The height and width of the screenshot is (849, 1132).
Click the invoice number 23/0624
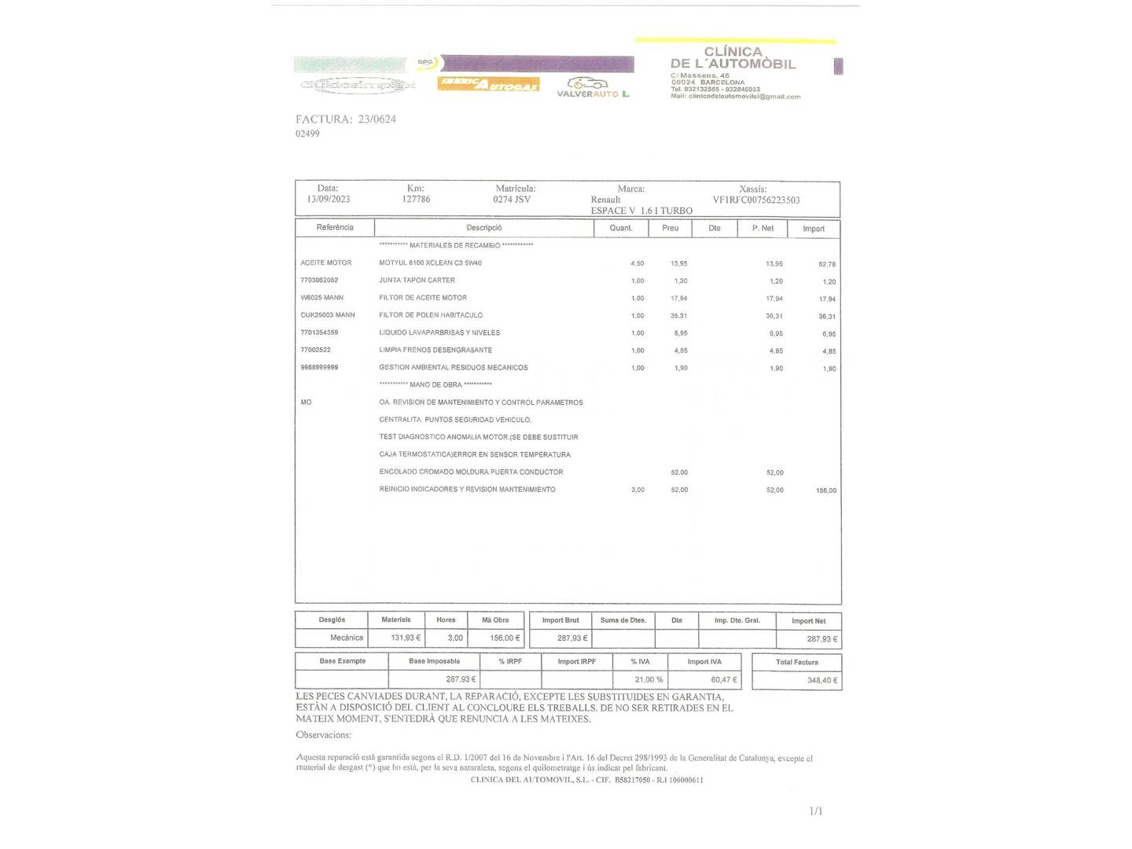377,119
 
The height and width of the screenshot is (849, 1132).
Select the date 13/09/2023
329,200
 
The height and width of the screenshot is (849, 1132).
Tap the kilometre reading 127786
416,200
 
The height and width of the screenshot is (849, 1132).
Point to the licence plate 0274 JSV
512,200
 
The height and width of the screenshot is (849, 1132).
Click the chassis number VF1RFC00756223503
756,200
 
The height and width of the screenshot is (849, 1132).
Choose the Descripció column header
483,228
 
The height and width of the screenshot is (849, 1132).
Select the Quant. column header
621,229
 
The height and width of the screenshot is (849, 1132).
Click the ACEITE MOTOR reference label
326,263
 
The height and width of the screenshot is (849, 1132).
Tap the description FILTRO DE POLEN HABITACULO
431,315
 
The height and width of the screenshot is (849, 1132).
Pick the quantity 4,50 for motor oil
637,264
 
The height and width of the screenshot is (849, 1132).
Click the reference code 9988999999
319,368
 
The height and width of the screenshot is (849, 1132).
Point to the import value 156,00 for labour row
825,491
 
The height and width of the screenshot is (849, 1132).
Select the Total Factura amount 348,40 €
822,681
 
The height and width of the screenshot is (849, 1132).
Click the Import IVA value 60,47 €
724,680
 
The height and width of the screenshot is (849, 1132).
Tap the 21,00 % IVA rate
649,680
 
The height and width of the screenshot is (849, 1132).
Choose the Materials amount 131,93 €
406,638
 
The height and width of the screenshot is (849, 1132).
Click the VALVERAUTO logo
593,88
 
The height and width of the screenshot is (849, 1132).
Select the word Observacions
323,735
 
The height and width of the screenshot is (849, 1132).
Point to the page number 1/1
816,811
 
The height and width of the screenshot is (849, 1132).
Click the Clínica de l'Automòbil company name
733,58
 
